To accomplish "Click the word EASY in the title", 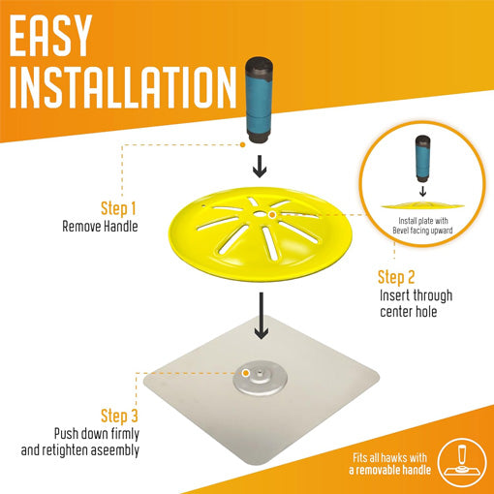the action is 50,36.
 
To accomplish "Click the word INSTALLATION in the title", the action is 123,87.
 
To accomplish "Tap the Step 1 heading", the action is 118,209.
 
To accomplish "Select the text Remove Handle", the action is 100,226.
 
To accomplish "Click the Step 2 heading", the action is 396,278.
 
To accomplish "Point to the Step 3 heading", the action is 119,416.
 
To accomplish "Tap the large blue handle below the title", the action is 259,100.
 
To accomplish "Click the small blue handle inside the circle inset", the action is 422,158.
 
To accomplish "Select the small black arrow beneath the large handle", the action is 260,167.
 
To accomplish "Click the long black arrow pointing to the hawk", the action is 262,316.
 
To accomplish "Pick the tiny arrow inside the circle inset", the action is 422,192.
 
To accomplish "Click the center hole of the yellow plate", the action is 259,214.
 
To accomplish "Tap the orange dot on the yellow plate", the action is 272,215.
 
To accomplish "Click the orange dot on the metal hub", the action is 246,373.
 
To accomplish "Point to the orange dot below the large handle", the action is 243,145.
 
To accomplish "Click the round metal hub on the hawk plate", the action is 260,380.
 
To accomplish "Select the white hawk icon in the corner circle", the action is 462,464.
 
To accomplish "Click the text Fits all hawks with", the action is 389,458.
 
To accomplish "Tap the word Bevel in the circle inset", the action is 401,231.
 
